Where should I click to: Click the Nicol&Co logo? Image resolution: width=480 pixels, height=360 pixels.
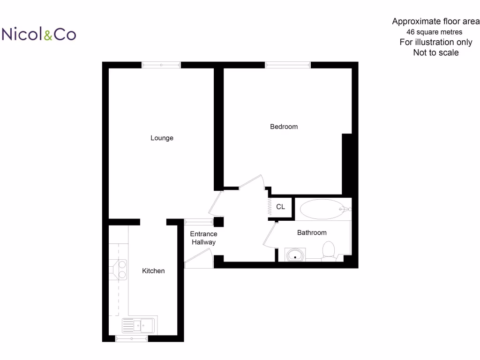coord(39,34)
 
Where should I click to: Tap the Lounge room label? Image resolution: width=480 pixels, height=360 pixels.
coord(162,138)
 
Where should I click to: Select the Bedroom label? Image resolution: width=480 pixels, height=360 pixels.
coord(284,127)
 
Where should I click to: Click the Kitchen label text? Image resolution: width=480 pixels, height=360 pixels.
coord(153,271)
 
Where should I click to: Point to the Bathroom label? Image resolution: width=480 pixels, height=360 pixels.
coord(312,232)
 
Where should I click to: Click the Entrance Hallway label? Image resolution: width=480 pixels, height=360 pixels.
coord(203,238)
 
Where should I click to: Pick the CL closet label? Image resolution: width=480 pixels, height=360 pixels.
coord(280,207)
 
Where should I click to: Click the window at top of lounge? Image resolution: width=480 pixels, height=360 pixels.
coord(161,65)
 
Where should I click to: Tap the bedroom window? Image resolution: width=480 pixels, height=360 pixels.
coord(287,65)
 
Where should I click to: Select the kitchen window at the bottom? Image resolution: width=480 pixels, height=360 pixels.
coord(131,338)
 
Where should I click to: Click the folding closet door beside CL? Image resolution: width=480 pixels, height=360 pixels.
coord(270,207)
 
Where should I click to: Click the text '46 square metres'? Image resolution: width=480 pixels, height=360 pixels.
coord(434,32)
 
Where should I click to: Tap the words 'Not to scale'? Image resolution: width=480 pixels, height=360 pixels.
coord(435,53)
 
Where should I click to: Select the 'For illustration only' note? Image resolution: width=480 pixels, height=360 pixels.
coord(435,42)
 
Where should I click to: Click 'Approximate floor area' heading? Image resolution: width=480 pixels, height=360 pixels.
coord(435,22)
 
